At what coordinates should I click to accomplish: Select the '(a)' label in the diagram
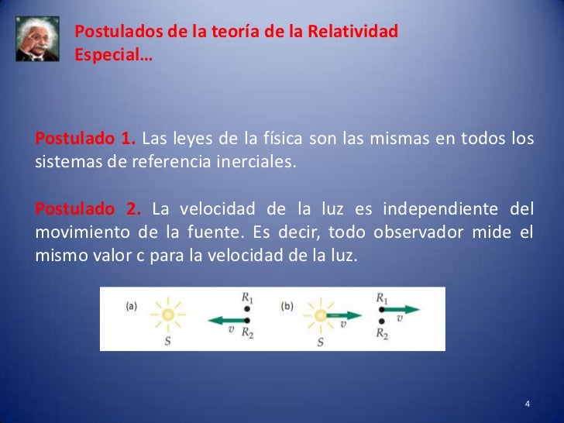coord(132,306)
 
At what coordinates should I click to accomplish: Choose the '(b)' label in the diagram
coord(287,306)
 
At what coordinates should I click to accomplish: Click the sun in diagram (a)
coord(167,315)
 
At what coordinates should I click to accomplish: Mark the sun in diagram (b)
coord(320,315)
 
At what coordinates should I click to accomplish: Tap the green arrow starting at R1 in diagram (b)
coord(402,309)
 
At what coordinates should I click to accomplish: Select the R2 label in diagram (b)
coord(382,334)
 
